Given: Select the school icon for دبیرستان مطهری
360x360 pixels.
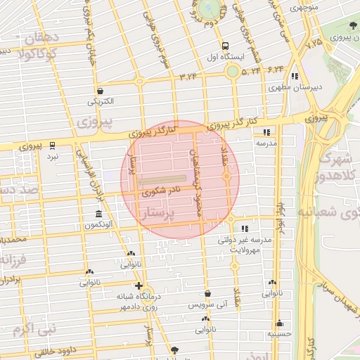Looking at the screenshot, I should click(295, 76).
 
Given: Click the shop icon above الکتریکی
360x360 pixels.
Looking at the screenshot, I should click(101, 91).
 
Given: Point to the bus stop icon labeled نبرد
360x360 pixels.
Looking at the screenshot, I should click(53, 145).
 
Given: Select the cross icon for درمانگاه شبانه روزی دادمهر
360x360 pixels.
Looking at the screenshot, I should click(139, 285).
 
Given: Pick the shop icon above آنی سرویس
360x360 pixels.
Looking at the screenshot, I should click(207, 293).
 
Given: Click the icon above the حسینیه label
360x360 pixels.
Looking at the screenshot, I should click(280, 323).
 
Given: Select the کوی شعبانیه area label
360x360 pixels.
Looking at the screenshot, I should click(330, 210).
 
